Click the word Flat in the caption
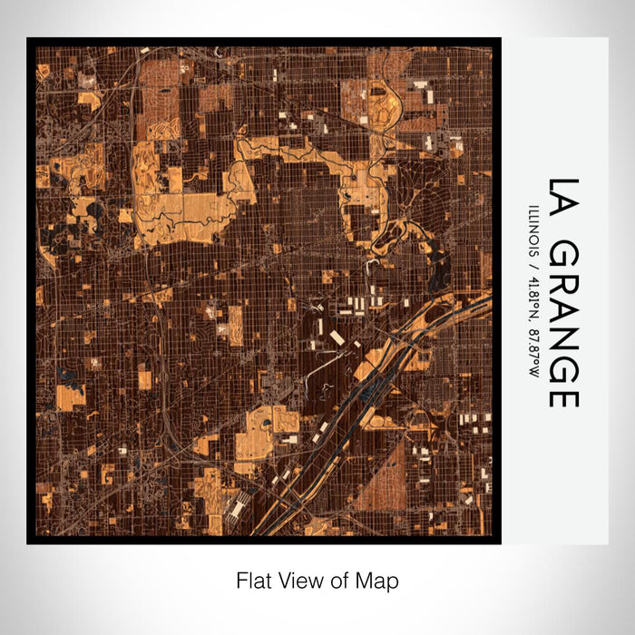click(253, 581)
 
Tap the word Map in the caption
click(380, 581)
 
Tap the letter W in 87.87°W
click(532, 372)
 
